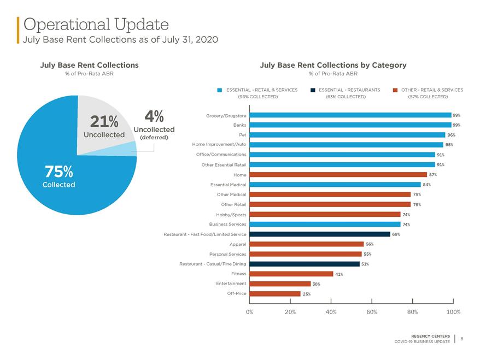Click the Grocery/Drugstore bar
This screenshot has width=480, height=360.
pyautogui.click(x=350, y=115)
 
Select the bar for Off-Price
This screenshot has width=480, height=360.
pyautogui.click(x=275, y=294)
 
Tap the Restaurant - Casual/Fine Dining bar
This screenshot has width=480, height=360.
pyautogui.click(x=305, y=264)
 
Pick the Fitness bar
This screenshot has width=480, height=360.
pyautogui.click(x=291, y=274)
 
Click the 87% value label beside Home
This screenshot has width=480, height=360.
pyautogui.click(x=433, y=175)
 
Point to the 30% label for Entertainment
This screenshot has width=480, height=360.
pyautogui.click(x=316, y=284)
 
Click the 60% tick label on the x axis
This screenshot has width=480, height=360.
pyautogui.click(x=372, y=312)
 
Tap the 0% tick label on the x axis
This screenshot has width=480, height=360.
pyautogui.click(x=249, y=312)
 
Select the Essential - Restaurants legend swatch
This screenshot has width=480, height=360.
pyautogui.click(x=313, y=90)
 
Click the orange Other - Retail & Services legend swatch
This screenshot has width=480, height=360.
pyautogui.click(x=395, y=90)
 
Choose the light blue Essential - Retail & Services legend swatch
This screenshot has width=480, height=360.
pyautogui.click(x=219, y=90)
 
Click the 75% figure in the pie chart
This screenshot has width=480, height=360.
pyautogui.click(x=59, y=172)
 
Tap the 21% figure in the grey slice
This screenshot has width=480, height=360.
pyautogui.click(x=104, y=121)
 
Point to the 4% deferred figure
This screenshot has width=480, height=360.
pyautogui.click(x=154, y=116)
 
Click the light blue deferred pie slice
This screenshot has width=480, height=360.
pyautogui.click(x=128, y=149)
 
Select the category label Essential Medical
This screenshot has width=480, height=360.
pyautogui.click(x=228, y=185)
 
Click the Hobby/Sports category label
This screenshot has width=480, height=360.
pyautogui.click(x=231, y=215)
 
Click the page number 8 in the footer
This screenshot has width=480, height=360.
pyautogui.click(x=461, y=339)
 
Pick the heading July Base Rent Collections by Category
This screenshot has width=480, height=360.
pyautogui.click(x=333, y=65)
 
